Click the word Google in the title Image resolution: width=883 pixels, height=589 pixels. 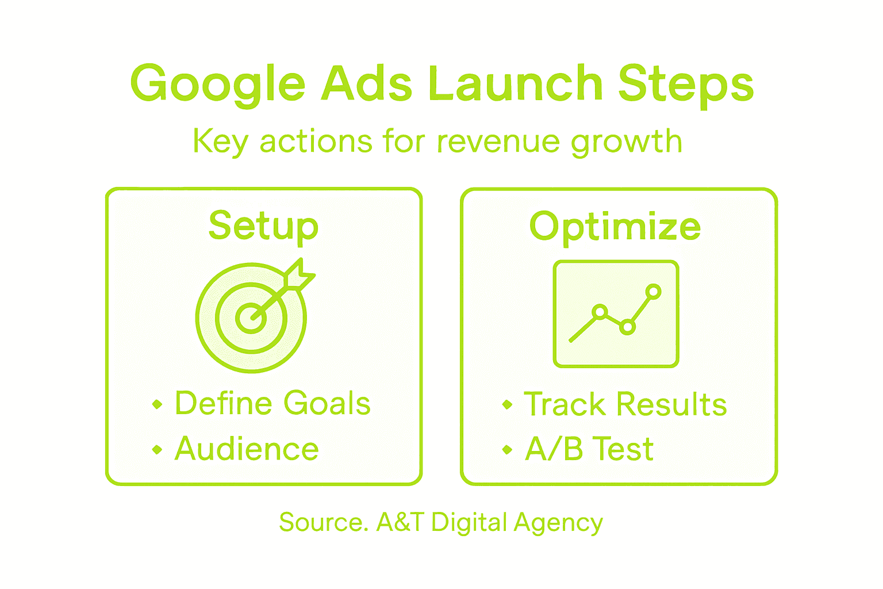click(x=218, y=84)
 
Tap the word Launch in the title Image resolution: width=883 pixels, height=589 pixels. click(x=515, y=83)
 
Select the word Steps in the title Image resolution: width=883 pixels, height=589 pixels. click(x=686, y=84)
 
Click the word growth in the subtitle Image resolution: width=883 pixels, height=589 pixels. click(x=626, y=141)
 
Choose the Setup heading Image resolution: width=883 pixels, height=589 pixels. click(x=263, y=226)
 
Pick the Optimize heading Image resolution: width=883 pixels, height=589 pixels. click(x=615, y=226)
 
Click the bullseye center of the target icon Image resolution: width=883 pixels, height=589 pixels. click(x=251, y=317)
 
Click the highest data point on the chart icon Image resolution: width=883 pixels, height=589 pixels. click(x=653, y=292)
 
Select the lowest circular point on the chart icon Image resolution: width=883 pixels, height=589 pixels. click(x=628, y=327)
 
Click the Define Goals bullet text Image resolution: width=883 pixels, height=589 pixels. click(x=273, y=403)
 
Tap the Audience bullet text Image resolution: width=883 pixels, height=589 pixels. click(x=247, y=449)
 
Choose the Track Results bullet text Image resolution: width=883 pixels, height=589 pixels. click(x=625, y=404)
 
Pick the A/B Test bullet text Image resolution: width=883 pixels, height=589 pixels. click(x=589, y=449)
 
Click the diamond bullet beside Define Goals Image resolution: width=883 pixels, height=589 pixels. click(x=157, y=404)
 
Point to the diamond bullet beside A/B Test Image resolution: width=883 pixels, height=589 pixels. click(x=507, y=449)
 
